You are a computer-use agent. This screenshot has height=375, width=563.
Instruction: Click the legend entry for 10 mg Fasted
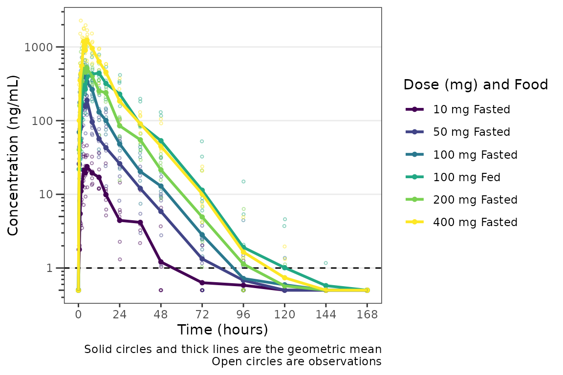click(x=471, y=109)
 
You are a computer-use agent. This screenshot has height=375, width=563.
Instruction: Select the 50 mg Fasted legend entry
click(x=471, y=132)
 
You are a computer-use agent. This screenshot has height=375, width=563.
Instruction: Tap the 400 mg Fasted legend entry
click(x=475, y=222)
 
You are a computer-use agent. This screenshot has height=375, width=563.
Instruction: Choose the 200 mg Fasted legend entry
click(x=475, y=200)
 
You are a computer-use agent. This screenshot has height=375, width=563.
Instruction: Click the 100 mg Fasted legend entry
click(x=475, y=155)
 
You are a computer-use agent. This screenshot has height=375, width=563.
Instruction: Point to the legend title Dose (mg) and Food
click(x=476, y=85)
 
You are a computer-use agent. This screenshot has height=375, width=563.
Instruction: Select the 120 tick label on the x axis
click(x=284, y=314)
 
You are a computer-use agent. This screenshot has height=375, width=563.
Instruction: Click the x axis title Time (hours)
click(x=222, y=330)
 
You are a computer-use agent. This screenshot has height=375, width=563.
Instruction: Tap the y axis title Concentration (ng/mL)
click(x=14, y=155)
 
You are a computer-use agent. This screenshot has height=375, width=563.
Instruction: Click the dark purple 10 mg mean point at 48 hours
click(x=161, y=262)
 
